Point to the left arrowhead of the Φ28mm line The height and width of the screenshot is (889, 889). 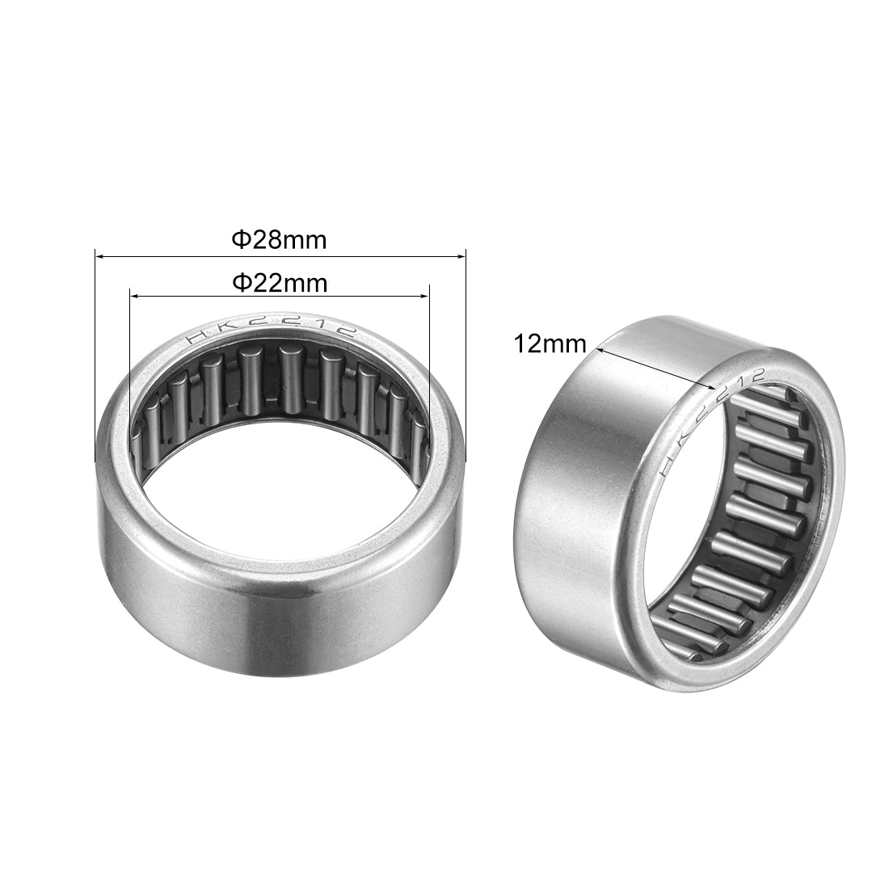99,257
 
